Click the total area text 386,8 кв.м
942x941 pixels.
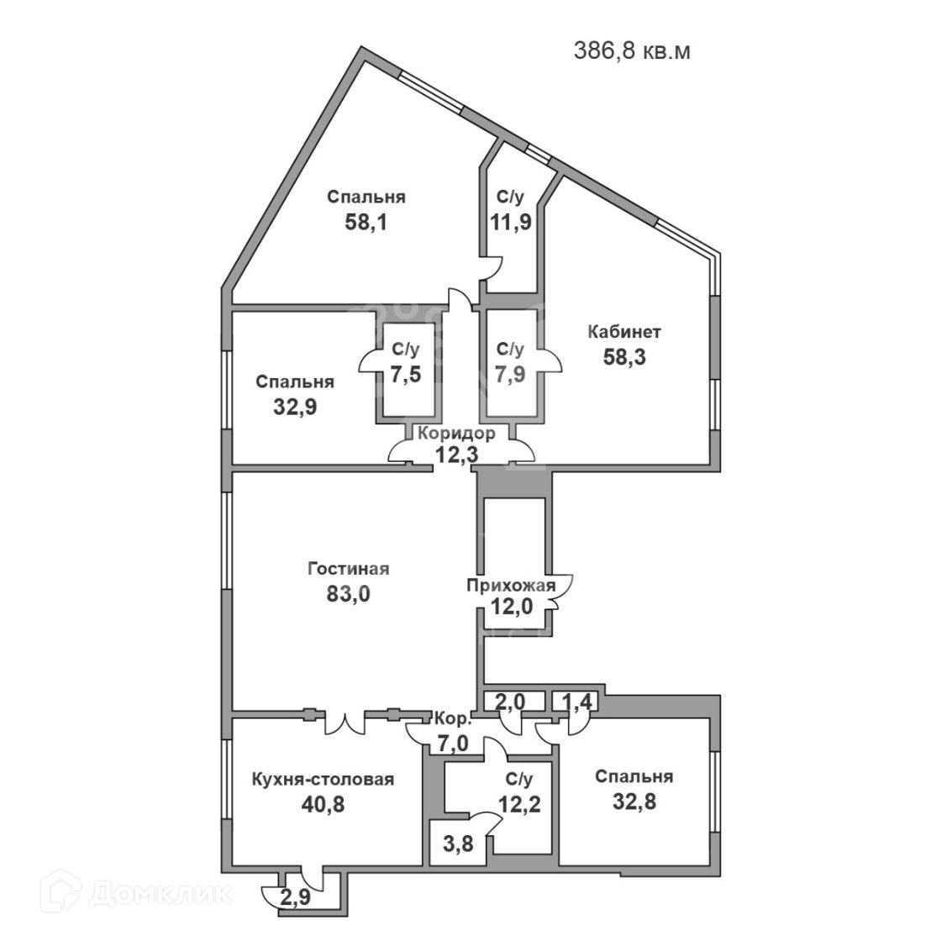click(632, 50)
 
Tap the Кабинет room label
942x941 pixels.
click(624, 332)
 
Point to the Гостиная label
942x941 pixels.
click(348, 569)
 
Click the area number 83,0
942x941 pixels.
click(348, 595)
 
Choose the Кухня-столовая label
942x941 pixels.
click(323, 779)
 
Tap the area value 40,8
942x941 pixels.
click(323, 804)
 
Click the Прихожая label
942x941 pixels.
click(511, 586)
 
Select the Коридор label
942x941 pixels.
click(456, 434)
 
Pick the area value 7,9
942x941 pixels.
click(510, 375)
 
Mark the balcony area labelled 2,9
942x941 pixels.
click(293, 897)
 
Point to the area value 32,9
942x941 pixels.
click(294, 407)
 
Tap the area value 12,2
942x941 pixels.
click(518, 804)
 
